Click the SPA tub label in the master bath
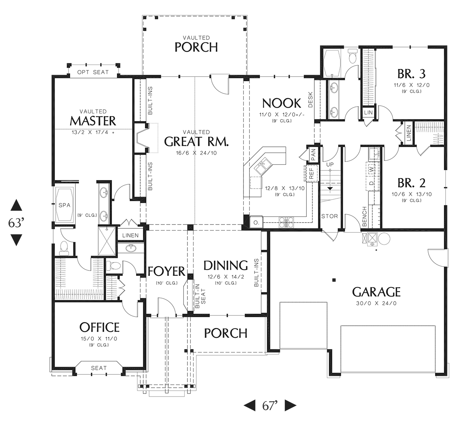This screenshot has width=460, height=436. point(64,205)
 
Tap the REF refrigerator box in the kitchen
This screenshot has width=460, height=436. point(311,173)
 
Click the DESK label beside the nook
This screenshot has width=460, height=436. point(310,100)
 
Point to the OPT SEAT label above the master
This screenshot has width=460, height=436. point(93,72)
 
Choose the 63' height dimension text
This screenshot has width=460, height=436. point(16,223)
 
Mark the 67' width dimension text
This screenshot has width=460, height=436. point(270,406)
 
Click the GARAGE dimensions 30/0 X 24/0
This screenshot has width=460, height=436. point(376,303)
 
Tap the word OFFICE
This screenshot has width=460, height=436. point(99,327)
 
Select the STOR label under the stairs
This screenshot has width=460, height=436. point(329,216)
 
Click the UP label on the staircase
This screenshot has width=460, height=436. point(330,164)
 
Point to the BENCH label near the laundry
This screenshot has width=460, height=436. point(364,216)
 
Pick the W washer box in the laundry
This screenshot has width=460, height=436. point(372,169)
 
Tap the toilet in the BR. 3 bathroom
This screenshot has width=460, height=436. point(352,56)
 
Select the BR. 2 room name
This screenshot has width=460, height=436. point(412,183)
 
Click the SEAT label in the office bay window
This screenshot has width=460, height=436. point(99,368)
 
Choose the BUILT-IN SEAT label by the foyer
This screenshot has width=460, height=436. point(200,296)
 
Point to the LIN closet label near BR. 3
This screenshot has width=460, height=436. point(368,113)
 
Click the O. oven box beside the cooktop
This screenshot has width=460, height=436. point(256,222)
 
